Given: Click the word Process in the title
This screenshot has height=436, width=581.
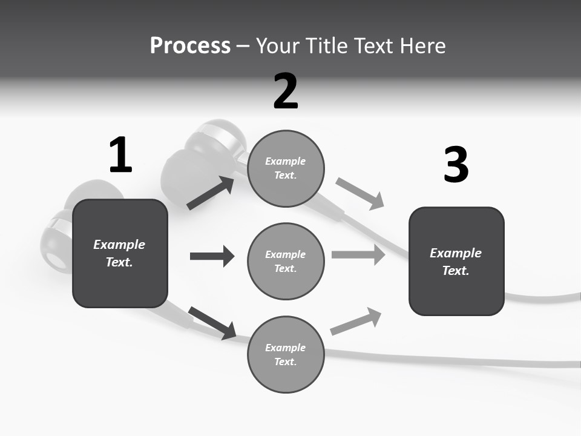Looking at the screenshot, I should (x=190, y=46).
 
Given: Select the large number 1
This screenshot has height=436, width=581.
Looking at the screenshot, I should (x=120, y=156).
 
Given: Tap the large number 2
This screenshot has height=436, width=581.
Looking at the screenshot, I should (x=286, y=91).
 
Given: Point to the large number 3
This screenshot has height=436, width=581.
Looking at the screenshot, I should (x=456, y=165).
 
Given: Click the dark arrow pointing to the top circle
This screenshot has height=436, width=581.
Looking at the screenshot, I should (x=211, y=193).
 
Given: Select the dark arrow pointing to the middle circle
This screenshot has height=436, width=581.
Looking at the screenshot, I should (x=212, y=256).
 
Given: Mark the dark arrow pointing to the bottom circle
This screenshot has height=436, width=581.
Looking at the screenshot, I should (x=212, y=323).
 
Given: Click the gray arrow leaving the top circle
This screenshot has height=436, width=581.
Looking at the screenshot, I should (x=359, y=193).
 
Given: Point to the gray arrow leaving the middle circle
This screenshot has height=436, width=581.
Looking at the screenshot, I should (x=358, y=254).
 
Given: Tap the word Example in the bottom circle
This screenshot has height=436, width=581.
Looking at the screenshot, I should (x=286, y=348).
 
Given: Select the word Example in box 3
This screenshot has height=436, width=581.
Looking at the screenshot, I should (x=456, y=253).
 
